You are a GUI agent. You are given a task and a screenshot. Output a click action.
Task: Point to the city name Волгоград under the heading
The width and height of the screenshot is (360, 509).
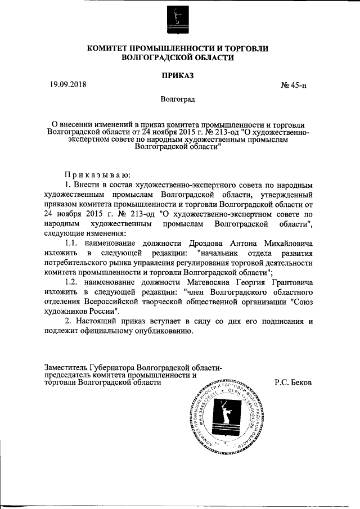tap(178, 100)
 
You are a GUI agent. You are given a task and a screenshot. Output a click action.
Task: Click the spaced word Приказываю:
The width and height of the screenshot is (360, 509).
tap(98, 174)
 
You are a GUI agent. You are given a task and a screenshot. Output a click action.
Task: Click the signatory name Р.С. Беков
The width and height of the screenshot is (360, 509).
tap(293, 382)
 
